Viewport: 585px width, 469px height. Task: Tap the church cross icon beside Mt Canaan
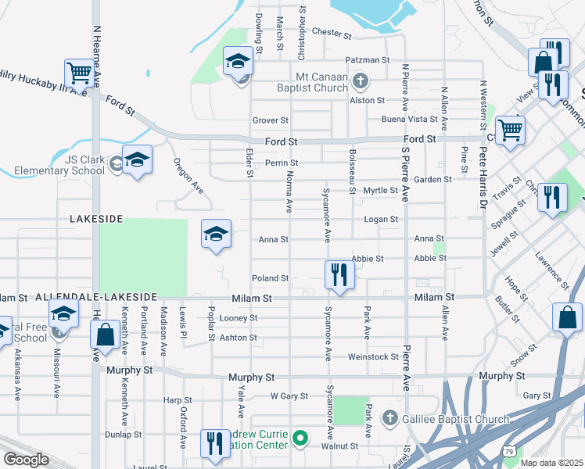point(360,80)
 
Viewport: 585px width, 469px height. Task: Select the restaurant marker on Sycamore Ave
point(339,276)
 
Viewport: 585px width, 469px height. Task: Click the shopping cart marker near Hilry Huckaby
point(79,74)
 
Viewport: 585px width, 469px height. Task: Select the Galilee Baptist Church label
point(456,420)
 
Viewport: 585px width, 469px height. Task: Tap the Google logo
point(26,459)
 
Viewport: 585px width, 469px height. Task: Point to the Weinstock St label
point(374,357)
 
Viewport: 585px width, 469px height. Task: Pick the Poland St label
point(271,278)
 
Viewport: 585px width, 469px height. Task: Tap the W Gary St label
point(289,396)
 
